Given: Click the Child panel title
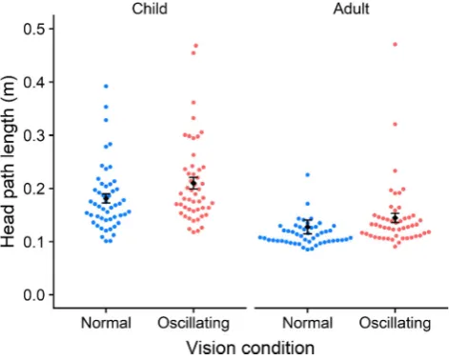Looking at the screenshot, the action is click(x=150, y=9).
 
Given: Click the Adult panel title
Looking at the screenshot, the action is click(x=351, y=9).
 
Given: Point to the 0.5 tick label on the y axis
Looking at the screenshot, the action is click(x=34, y=29).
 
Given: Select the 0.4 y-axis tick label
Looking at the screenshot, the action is click(x=34, y=82).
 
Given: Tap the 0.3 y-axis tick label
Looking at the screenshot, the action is click(x=34, y=135).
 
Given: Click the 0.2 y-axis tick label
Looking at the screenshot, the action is click(x=34, y=189).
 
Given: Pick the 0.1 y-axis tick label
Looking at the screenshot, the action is click(x=34, y=242).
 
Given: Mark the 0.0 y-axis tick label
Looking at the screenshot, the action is click(x=34, y=295).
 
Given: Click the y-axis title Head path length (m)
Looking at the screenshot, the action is click(x=8, y=161).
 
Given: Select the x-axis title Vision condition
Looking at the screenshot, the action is click(x=251, y=348).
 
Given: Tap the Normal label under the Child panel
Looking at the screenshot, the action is click(x=106, y=323).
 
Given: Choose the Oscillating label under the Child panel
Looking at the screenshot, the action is click(x=194, y=324).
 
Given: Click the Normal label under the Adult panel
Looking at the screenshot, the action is click(x=307, y=323).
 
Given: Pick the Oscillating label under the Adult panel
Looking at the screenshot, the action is click(x=395, y=324).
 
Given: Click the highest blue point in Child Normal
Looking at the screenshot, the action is click(x=106, y=87).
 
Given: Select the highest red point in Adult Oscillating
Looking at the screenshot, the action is click(x=395, y=45).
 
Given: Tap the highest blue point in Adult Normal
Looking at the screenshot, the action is click(x=307, y=175).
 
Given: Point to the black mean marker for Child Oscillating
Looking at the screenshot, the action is click(x=194, y=183).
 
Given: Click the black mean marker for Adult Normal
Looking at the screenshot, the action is click(x=307, y=227).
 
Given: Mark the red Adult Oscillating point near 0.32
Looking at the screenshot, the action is click(x=395, y=125).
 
